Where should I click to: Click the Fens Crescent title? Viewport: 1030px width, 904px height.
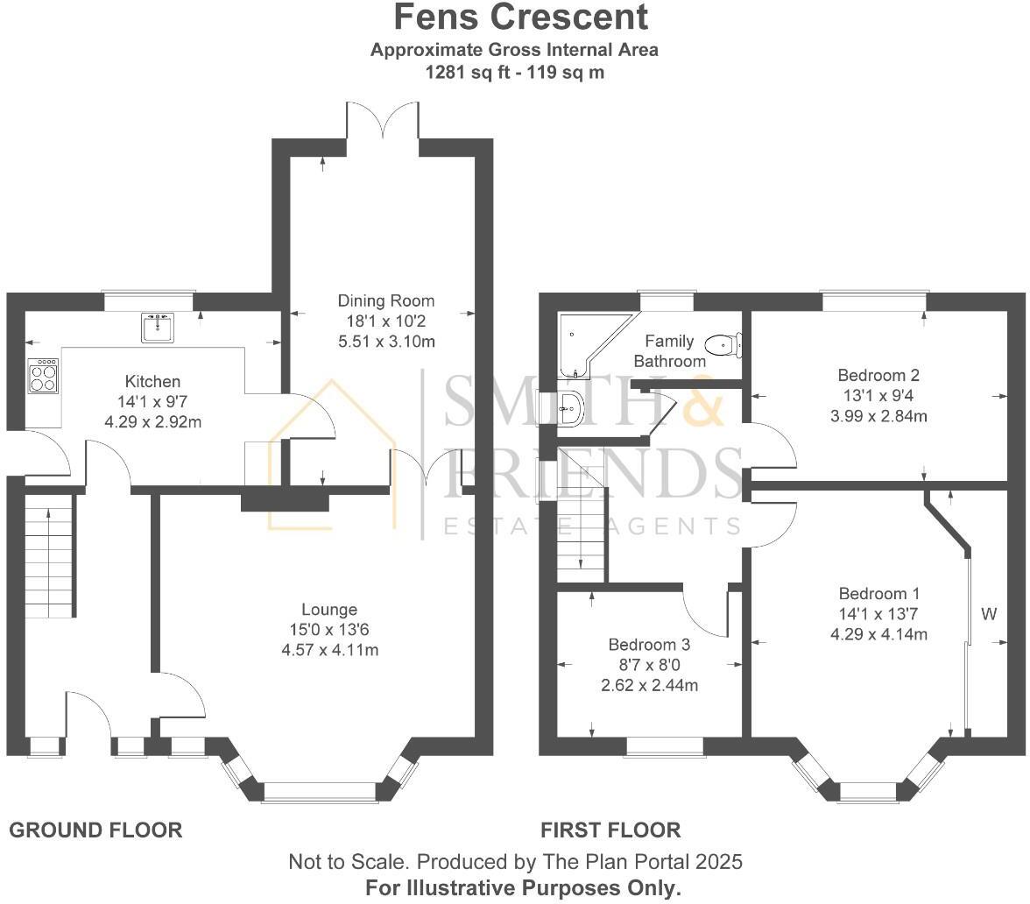click(x=520, y=18)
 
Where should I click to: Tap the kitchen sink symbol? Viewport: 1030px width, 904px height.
click(x=158, y=328)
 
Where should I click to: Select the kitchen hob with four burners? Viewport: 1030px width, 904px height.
click(x=43, y=377)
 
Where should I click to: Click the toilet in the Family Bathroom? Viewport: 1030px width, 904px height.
click(x=723, y=344)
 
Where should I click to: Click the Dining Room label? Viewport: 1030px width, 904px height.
click(x=385, y=301)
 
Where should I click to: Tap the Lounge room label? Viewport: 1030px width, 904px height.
click(x=329, y=610)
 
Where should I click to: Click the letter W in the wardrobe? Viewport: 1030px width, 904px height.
click(x=989, y=614)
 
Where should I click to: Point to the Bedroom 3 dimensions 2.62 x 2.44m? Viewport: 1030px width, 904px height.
click(x=649, y=685)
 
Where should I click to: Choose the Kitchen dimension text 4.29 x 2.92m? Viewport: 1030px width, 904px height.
click(x=153, y=422)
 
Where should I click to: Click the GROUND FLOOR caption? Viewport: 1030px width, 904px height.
click(x=95, y=830)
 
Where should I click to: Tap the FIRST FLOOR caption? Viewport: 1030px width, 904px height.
click(x=610, y=830)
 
